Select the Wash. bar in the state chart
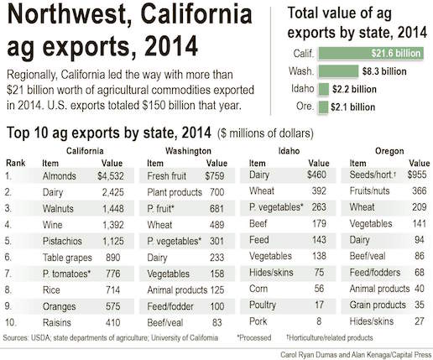pyautogui.click(x=336, y=71)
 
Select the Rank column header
pyautogui.click(x=14, y=162)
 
